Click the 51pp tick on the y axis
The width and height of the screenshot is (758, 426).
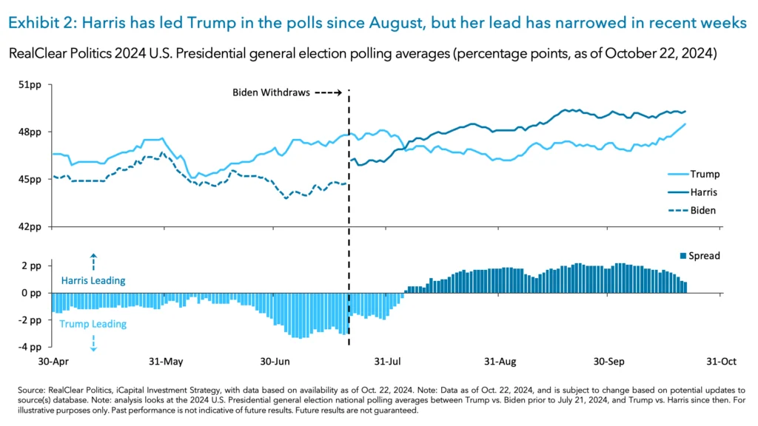point(30,85)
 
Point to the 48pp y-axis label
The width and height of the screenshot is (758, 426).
point(30,132)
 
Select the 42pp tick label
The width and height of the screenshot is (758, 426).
point(30,226)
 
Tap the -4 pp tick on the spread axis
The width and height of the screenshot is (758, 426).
point(30,347)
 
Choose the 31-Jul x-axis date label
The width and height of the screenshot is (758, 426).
point(386,362)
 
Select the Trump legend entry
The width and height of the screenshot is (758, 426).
point(704,175)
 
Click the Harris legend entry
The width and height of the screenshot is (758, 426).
point(704,192)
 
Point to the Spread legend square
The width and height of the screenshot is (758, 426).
point(684,257)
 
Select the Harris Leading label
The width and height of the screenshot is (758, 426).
point(93,281)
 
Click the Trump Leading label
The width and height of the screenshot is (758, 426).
point(93,324)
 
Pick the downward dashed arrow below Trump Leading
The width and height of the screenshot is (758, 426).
point(93,342)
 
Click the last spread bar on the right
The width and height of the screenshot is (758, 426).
point(685,288)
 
